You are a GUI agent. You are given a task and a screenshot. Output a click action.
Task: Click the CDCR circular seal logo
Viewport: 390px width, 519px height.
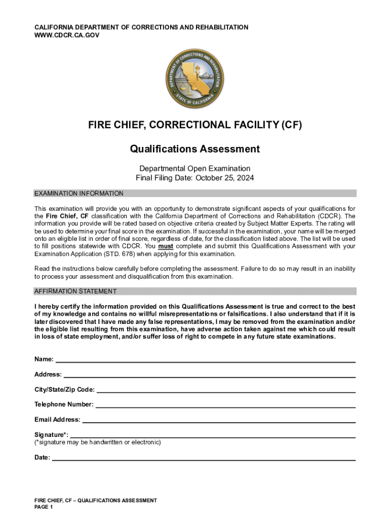(x=194, y=79)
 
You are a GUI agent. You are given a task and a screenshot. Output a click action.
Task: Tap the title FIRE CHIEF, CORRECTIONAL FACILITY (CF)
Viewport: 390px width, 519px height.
(x=194, y=125)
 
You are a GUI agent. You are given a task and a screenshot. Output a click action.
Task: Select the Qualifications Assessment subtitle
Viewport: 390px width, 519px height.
(x=194, y=149)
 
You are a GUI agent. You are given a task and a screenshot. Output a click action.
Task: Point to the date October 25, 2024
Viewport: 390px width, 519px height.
(x=225, y=178)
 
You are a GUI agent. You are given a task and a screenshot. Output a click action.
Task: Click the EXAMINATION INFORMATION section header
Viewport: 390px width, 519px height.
(x=79, y=194)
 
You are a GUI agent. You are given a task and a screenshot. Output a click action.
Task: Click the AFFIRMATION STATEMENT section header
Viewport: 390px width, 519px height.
(x=75, y=291)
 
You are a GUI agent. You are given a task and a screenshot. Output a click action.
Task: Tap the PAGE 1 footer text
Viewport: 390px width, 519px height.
(x=44, y=507)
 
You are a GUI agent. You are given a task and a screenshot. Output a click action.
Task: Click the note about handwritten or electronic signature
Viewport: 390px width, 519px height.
(x=98, y=442)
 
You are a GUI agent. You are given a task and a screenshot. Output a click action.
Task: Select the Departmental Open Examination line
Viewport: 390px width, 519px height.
(x=194, y=168)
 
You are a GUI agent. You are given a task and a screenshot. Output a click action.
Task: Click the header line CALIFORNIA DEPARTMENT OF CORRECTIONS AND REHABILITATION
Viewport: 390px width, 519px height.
(x=141, y=27)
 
